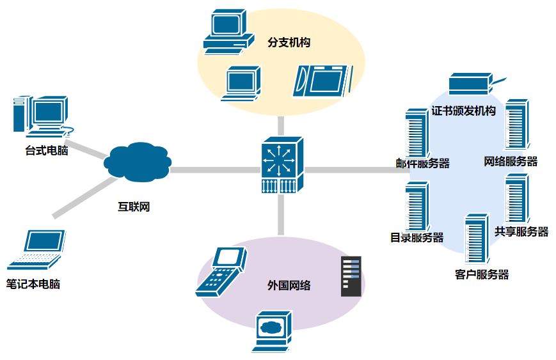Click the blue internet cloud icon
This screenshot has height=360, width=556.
138,162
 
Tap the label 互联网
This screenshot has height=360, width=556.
134,207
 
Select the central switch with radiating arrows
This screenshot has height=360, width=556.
282,165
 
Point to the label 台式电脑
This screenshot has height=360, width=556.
47,151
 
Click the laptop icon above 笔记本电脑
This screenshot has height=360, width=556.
36,250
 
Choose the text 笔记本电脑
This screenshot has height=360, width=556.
33,284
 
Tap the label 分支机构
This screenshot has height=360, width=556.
289,42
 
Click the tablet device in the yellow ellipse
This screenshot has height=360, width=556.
322,81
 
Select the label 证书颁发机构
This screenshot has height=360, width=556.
463,111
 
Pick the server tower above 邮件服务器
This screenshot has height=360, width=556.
417,133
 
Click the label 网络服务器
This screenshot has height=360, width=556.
511,162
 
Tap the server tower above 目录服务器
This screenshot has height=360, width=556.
417,207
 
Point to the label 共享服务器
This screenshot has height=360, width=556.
521,231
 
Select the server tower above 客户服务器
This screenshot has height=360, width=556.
477,238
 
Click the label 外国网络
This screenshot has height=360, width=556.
289,285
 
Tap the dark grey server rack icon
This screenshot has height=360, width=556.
351,276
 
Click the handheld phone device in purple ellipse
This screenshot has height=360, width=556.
221,271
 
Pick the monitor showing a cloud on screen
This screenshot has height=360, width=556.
272,331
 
